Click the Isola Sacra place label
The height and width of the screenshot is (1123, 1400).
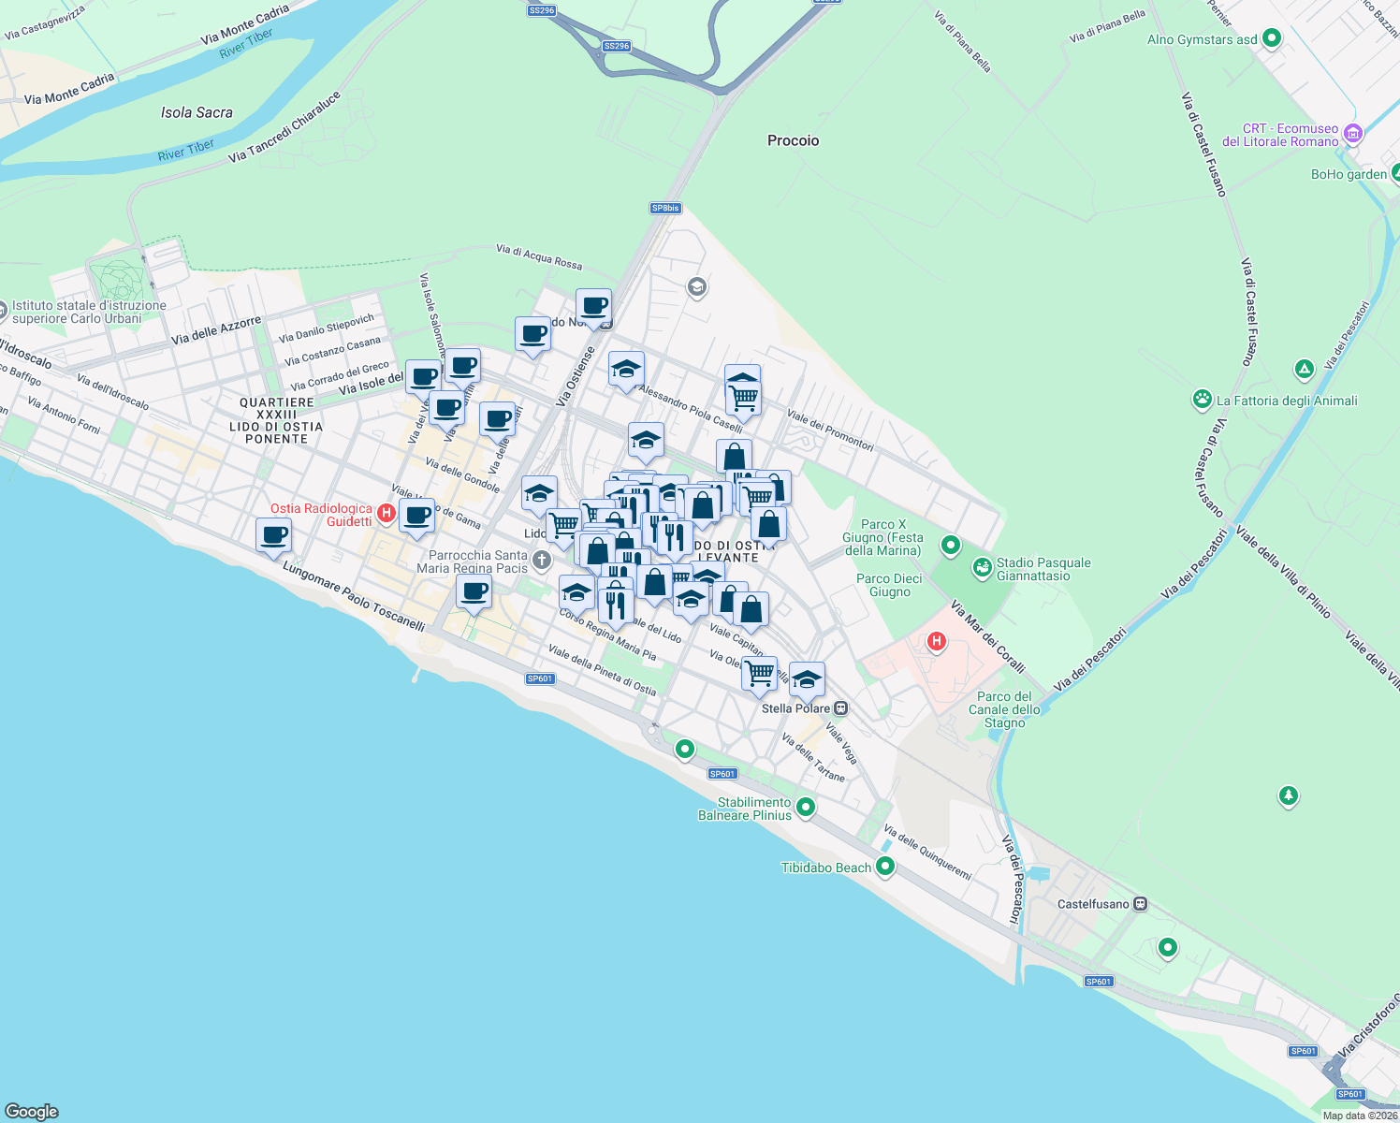197,112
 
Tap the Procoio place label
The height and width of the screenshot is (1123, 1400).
793,140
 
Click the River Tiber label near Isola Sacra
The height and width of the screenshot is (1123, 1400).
186,150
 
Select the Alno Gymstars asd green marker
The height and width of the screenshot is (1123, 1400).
1271,38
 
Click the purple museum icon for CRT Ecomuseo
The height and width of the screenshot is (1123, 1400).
1352,134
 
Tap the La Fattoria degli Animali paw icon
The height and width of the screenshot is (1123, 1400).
1203,401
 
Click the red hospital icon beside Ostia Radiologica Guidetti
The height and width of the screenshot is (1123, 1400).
386,514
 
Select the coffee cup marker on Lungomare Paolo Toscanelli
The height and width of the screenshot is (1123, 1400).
273,536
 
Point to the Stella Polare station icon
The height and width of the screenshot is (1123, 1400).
841,708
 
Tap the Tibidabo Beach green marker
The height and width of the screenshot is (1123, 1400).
884,867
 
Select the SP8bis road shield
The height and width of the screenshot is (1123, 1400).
665,208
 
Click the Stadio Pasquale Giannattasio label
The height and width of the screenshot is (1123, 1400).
1043,569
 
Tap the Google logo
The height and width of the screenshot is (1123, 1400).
32,1111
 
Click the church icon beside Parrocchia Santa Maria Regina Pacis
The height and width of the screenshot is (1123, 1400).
541,561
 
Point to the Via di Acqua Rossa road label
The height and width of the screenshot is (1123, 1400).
539,256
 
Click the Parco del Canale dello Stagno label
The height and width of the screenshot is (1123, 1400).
1004,709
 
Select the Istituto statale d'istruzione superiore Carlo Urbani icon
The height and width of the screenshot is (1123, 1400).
3,307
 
